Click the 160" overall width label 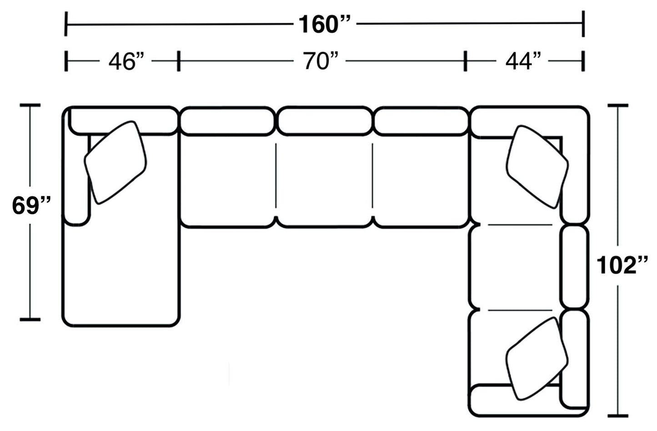325,24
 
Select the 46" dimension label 126,61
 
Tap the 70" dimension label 321,61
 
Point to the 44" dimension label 524,61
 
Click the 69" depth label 31,205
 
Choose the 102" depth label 622,266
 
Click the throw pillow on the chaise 115,162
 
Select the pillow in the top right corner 537,166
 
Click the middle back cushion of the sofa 324,121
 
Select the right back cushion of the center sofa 422,121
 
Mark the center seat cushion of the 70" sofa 324,182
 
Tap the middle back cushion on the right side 574,267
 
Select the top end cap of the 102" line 617,105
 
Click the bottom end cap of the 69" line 30,320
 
